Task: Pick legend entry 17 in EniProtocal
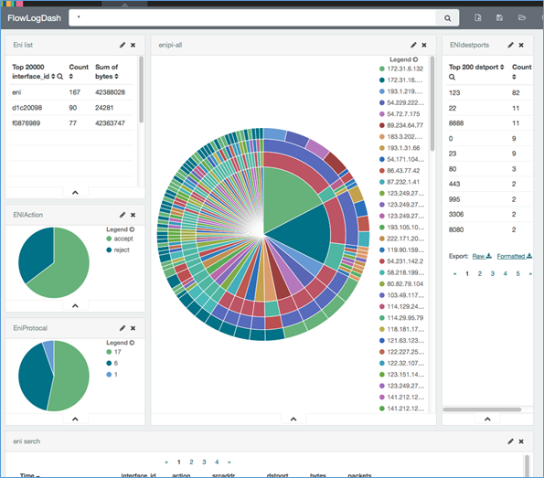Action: tap(115, 351)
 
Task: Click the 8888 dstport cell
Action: tap(459, 122)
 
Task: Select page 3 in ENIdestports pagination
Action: tap(492, 273)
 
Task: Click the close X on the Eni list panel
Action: tap(133, 44)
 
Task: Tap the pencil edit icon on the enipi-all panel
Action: tap(413, 44)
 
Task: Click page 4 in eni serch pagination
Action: tap(216, 462)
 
